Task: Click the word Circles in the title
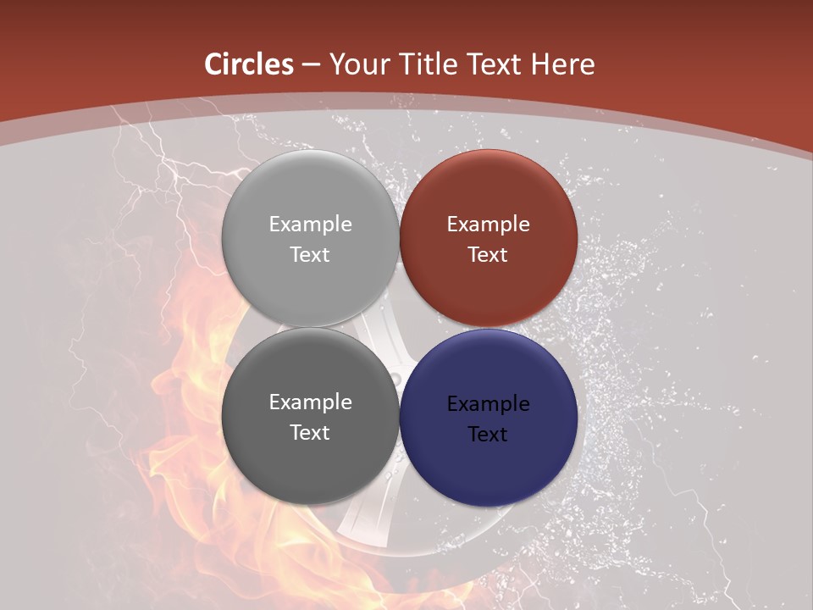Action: pos(249,64)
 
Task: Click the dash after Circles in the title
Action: pos(311,65)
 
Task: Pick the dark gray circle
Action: pos(310,457)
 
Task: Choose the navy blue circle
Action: pos(488,462)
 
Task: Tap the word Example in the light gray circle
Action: pos(310,224)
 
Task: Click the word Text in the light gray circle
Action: pos(310,254)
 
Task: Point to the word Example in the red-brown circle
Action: pos(488,224)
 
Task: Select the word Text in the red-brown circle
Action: pos(488,254)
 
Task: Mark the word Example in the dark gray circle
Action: pos(310,402)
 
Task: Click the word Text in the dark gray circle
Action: pos(310,432)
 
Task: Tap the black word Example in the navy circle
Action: pos(488,403)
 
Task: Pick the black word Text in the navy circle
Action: pos(488,434)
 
